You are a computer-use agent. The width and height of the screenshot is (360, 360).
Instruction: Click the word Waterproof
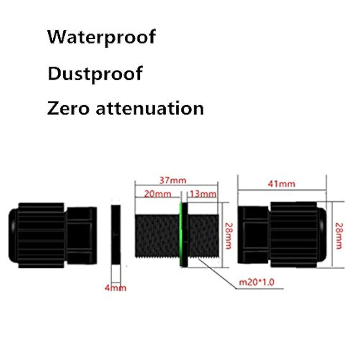pyautogui.click(x=101, y=37)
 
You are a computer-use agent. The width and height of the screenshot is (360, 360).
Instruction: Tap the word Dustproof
pyautogui.click(x=95, y=74)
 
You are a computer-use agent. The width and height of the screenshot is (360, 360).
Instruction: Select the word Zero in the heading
pyautogui.click(x=68, y=108)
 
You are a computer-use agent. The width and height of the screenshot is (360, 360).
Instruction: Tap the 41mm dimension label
pyautogui.click(x=282, y=184)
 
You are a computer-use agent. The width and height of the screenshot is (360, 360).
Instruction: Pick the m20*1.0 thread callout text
pyautogui.click(x=257, y=282)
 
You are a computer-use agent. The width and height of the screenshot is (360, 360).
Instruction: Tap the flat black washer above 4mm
pyautogui.click(x=116, y=234)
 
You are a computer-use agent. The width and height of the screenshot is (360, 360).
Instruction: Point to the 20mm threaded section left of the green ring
pyautogui.click(x=157, y=235)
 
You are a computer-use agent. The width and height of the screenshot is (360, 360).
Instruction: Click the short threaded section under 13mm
pyautogui.click(x=204, y=235)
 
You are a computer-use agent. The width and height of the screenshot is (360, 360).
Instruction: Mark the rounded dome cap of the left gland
pyautogui.click(x=13, y=235)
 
